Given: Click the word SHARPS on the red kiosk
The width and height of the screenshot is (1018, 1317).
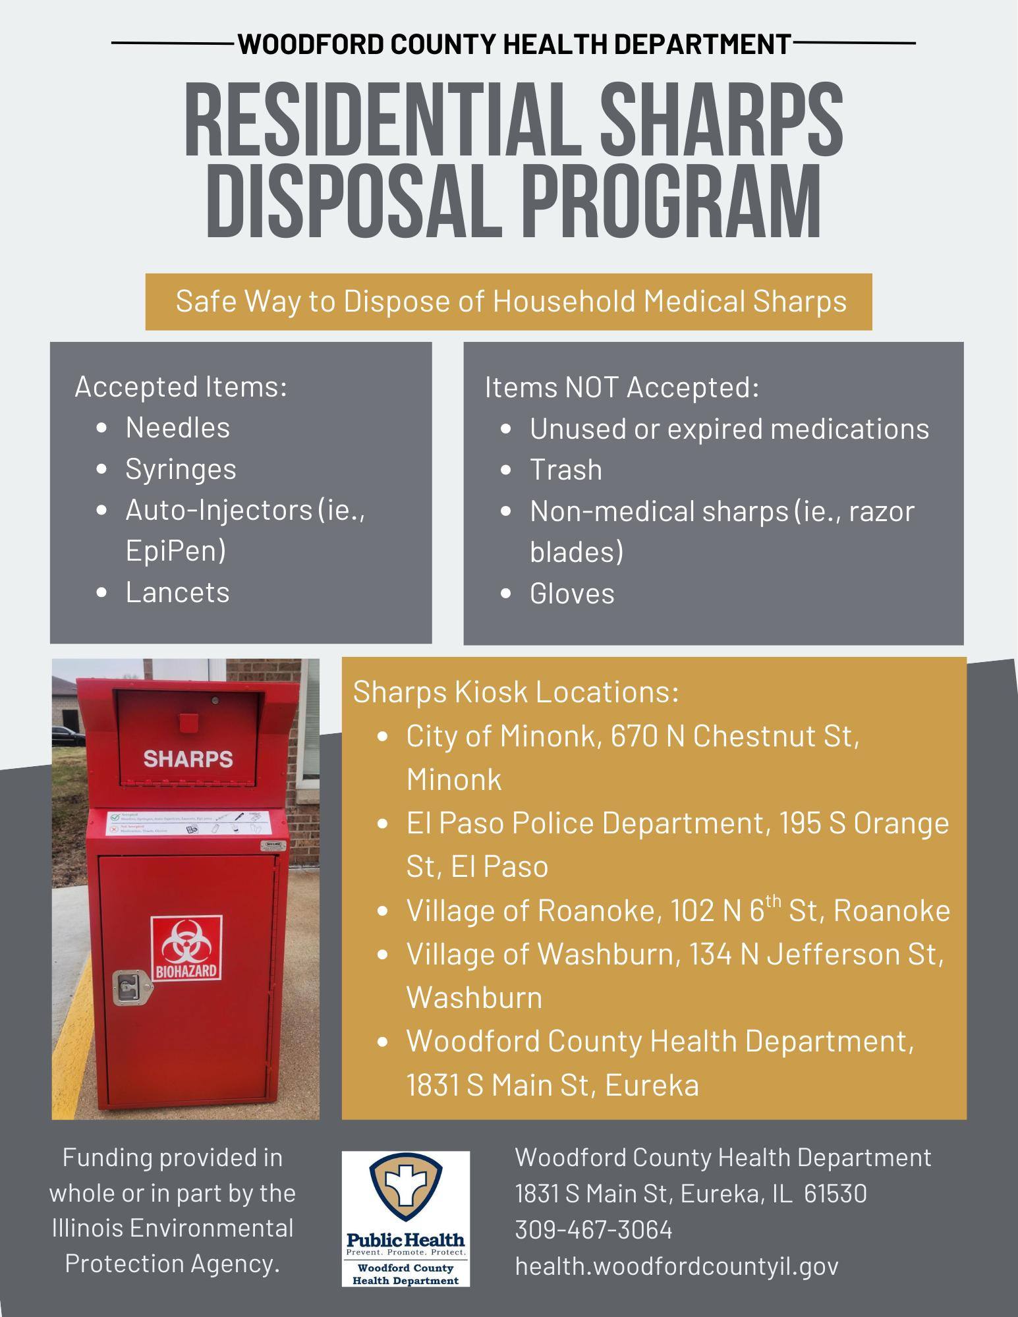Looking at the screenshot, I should [188, 759].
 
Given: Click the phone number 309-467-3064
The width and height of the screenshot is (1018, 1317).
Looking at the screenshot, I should [593, 1229].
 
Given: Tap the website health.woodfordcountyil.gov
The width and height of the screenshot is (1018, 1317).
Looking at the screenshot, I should [677, 1266].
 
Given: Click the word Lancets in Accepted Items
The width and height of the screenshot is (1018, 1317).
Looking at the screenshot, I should [177, 592].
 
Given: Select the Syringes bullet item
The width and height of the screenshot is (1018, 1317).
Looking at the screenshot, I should [181, 469].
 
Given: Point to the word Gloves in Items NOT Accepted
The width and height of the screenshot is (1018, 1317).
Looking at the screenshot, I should [572, 594].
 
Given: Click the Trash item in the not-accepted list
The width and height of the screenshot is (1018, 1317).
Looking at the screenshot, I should [565, 470].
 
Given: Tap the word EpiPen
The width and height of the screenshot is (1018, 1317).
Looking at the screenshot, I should [175, 551].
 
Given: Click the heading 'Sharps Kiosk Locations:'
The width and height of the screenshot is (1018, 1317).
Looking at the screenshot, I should [516, 692].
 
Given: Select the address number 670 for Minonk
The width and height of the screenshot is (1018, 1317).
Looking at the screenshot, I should [635, 736].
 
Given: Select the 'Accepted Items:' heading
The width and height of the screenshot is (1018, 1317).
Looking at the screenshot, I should [181, 387].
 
